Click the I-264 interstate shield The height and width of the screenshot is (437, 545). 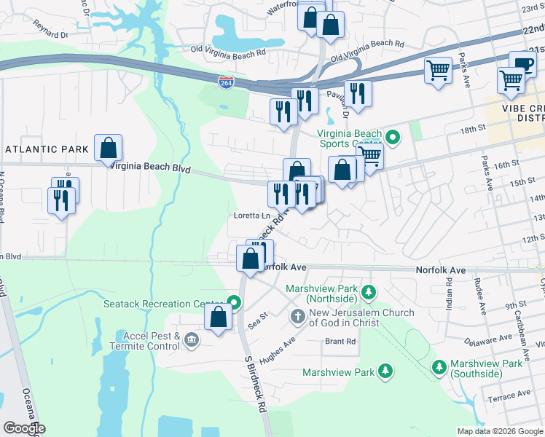[226, 83]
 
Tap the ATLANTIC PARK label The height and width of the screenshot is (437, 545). [47, 149]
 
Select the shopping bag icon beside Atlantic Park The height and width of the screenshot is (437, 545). [108, 148]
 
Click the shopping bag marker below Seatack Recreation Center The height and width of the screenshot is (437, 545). [218, 317]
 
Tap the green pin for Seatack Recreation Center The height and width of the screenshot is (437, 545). [234, 302]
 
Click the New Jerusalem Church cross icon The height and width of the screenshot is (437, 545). [297, 316]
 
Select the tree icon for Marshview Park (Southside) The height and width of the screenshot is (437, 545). [439, 365]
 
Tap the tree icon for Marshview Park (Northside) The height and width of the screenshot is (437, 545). [369, 293]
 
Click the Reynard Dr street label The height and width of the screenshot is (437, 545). [50, 34]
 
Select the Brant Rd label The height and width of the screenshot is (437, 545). [340, 341]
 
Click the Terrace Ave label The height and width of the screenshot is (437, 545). [510, 396]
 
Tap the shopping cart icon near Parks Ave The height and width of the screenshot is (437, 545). [438, 71]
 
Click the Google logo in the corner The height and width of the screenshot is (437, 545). [24, 428]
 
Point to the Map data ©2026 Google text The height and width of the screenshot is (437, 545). [499, 431]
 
